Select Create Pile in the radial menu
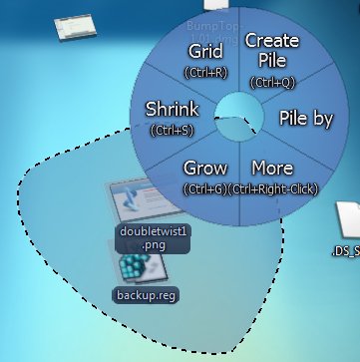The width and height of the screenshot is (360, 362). (x=271, y=50)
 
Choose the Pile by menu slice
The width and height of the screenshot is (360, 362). (x=306, y=119)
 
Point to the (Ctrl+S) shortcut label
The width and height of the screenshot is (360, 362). (x=171, y=129)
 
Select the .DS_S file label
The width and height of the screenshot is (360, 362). (x=344, y=252)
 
